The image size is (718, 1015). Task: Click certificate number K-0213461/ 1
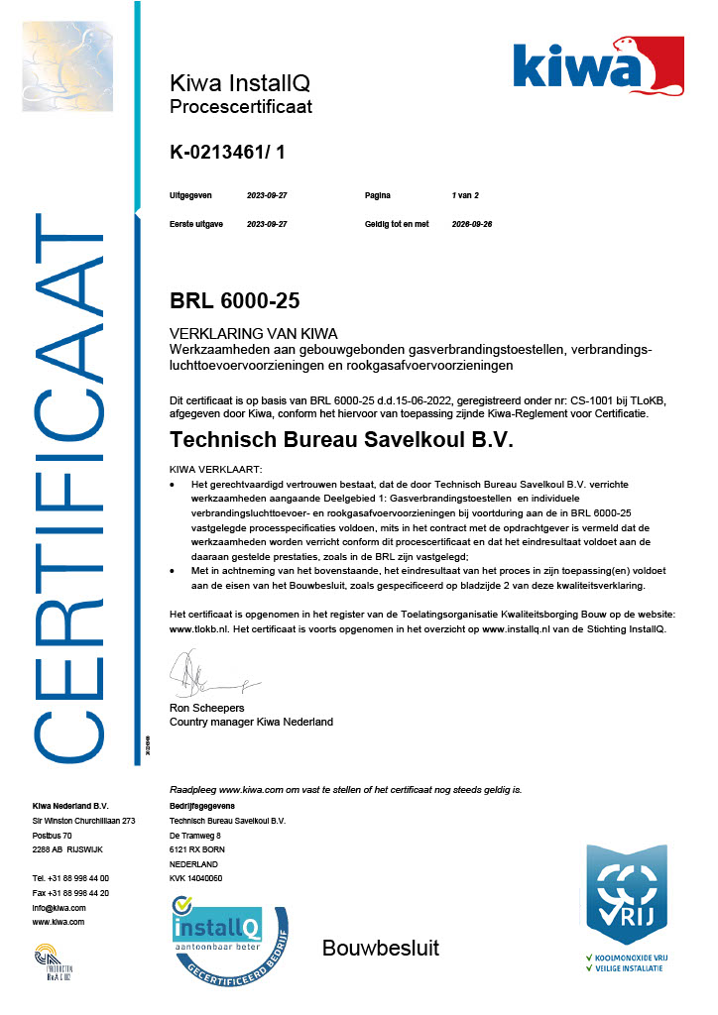227,152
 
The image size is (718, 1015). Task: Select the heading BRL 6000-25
235,300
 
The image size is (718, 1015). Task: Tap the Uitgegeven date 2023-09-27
267,196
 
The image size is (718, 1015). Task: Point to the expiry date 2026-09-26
472,224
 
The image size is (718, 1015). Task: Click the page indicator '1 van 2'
465,196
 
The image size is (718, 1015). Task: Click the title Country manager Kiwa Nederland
252,722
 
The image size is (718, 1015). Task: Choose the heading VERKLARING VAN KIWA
254,334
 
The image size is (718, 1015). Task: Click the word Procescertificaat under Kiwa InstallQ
241,106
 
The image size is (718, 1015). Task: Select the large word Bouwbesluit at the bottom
380,949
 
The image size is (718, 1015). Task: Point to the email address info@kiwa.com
59,908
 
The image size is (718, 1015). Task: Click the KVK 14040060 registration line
196,878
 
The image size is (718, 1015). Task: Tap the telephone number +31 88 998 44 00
70,878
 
